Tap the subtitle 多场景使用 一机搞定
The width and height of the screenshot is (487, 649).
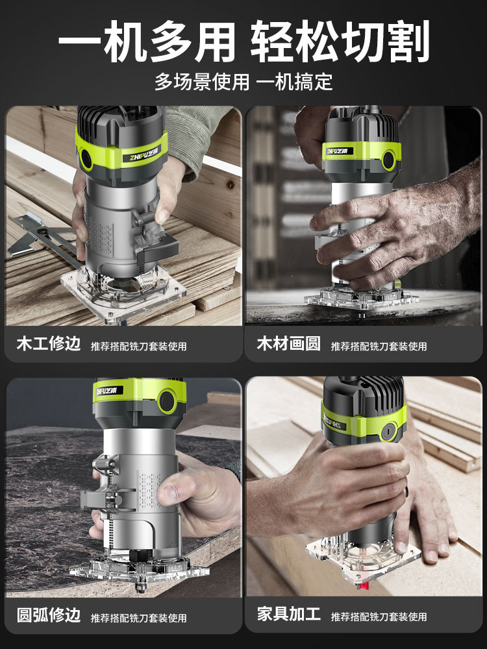pyautogui.click(x=243, y=82)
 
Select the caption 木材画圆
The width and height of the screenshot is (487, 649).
pyautogui.click(x=289, y=343)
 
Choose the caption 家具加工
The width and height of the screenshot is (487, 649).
pyautogui.click(x=289, y=614)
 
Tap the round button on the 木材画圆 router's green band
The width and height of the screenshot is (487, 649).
pyautogui.click(x=388, y=160)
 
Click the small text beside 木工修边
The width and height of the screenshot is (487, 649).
pyautogui.click(x=139, y=347)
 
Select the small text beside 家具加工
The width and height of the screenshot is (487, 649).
pyautogui.click(x=379, y=617)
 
